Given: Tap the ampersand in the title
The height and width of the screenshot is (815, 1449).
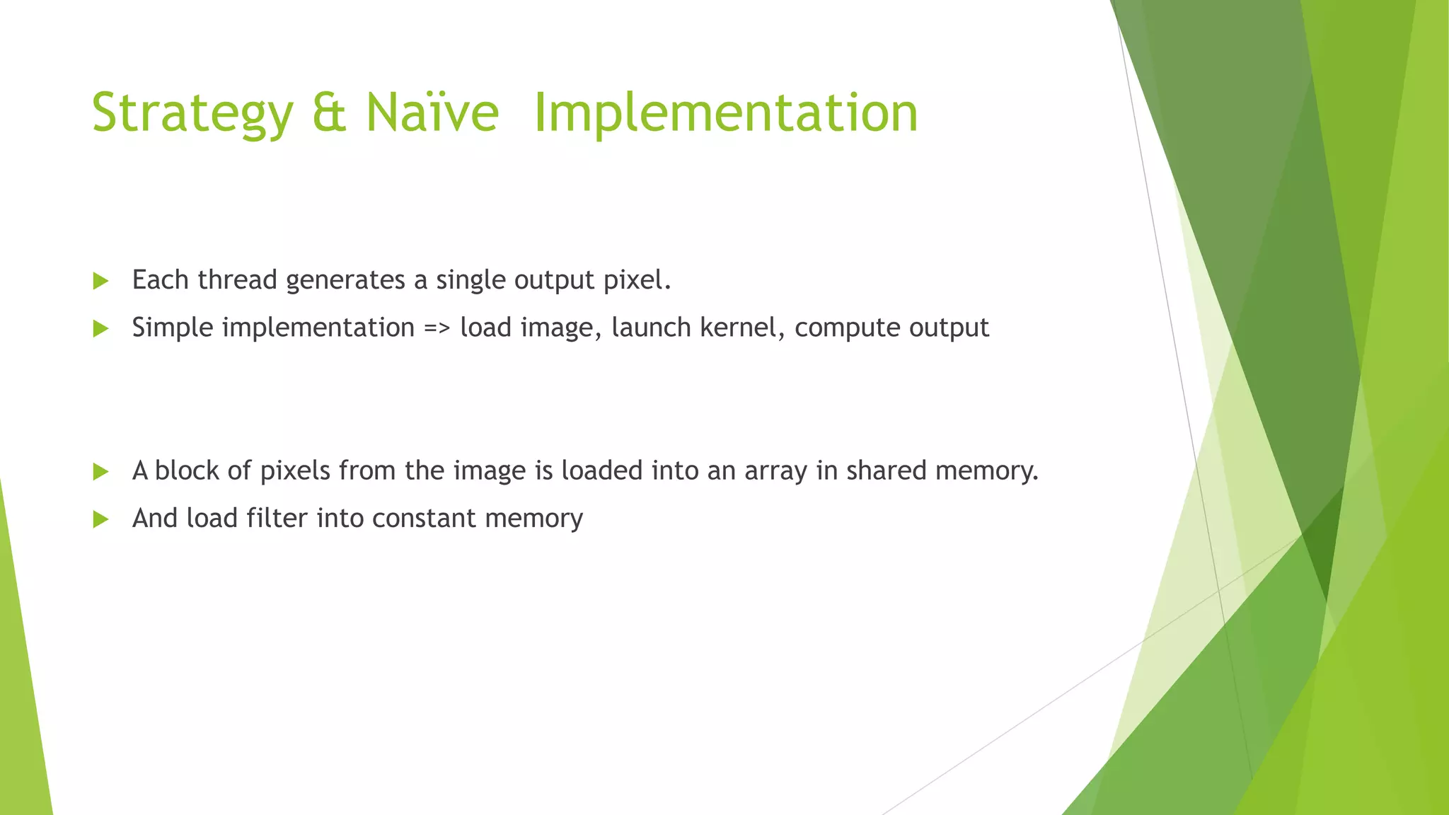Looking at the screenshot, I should click(x=330, y=113).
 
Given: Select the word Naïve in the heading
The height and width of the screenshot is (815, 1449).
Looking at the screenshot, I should click(x=432, y=113).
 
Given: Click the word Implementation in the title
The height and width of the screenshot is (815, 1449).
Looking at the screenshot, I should click(x=725, y=113).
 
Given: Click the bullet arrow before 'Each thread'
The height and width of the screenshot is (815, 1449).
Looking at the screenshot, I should click(x=100, y=281).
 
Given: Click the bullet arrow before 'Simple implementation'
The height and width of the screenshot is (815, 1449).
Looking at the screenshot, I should click(x=100, y=328).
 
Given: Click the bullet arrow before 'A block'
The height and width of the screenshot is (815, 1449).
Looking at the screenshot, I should click(x=100, y=472).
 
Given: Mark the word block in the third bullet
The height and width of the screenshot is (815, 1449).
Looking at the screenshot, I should click(x=187, y=470).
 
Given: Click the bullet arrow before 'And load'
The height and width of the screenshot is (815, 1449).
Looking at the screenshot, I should click(x=100, y=520).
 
